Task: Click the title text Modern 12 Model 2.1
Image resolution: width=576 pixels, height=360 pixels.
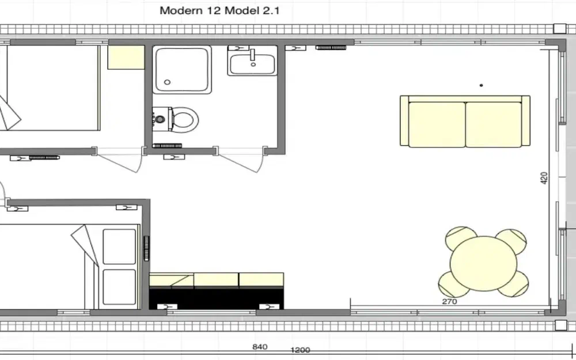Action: pyautogui.click(x=219, y=10)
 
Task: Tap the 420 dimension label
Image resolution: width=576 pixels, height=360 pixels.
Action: pyautogui.click(x=544, y=178)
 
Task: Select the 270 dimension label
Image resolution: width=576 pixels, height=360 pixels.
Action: pyautogui.click(x=449, y=301)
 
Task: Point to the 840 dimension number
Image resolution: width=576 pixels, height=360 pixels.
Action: pyautogui.click(x=260, y=347)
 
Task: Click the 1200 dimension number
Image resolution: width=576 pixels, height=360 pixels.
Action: pyautogui.click(x=301, y=350)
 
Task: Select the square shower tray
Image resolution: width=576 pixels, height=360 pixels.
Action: pyautogui.click(x=182, y=69)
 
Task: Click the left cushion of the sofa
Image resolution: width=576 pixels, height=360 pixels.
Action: pyautogui.click(x=437, y=124)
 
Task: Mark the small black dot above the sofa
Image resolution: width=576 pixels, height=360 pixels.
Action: pyautogui.click(x=482, y=85)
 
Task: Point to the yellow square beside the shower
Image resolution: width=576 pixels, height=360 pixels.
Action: pyautogui.click(x=126, y=57)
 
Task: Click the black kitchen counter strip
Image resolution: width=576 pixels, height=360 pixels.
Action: pyautogui.click(x=217, y=297)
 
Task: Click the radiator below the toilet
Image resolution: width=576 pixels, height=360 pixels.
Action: pyautogui.click(x=168, y=146)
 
